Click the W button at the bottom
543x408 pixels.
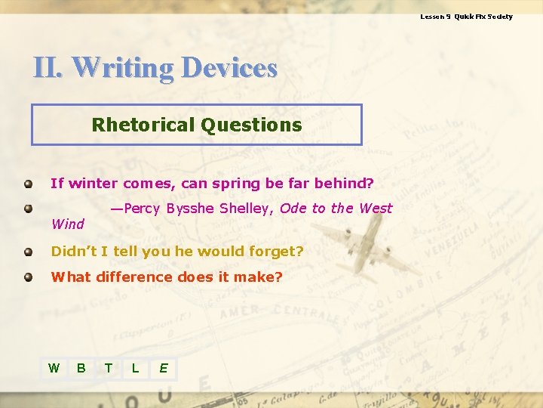tap(54, 368)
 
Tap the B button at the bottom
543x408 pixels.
tap(81, 368)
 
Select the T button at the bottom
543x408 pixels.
tap(109, 368)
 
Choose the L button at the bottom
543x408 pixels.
tap(135, 368)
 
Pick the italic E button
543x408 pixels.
tap(163, 368)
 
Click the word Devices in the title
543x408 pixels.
tap(230, 68)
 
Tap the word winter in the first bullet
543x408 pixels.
tap(94, 183)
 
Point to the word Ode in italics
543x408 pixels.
tap(293, 209)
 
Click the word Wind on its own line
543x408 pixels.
tap(67, 224)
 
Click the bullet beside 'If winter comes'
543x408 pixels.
tap(28, 183)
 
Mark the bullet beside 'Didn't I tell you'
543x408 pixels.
tap(28, 251)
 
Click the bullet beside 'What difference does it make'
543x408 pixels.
tap(28, 277)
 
